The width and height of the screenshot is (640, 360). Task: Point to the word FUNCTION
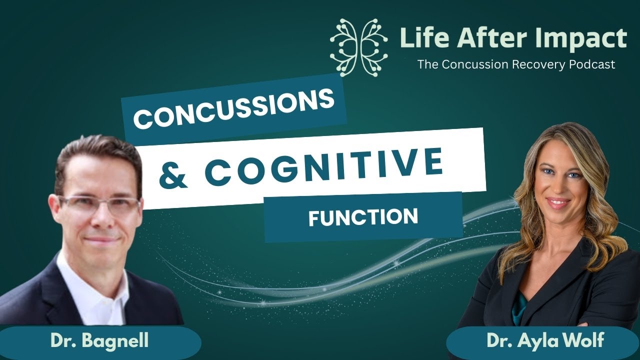pos(363,217)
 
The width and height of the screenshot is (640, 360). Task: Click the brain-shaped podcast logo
pos(359,47)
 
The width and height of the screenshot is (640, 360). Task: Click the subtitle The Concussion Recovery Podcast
pos(516,64)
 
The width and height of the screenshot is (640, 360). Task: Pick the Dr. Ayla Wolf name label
pos(545,342)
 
